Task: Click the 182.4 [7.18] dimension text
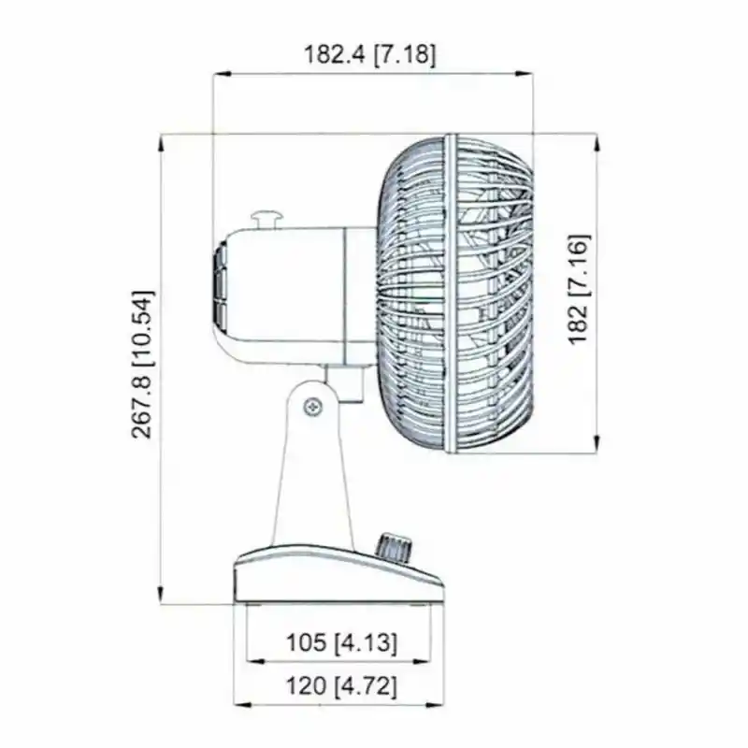click(x=369, y=54)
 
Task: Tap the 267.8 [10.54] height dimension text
click(x=143, y=364)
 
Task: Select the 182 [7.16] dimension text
click(x=579, y=289)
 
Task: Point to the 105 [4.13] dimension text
click(x=341, y=642)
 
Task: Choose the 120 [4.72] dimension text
click(x=341, y=686)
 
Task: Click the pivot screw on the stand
click(x=313, y=407)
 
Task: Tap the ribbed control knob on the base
click(x=394, y=549)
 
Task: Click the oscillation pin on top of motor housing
click(x=267, y=221)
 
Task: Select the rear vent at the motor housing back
click(x=220, y=286)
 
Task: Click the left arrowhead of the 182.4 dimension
click(x=222, y=74)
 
